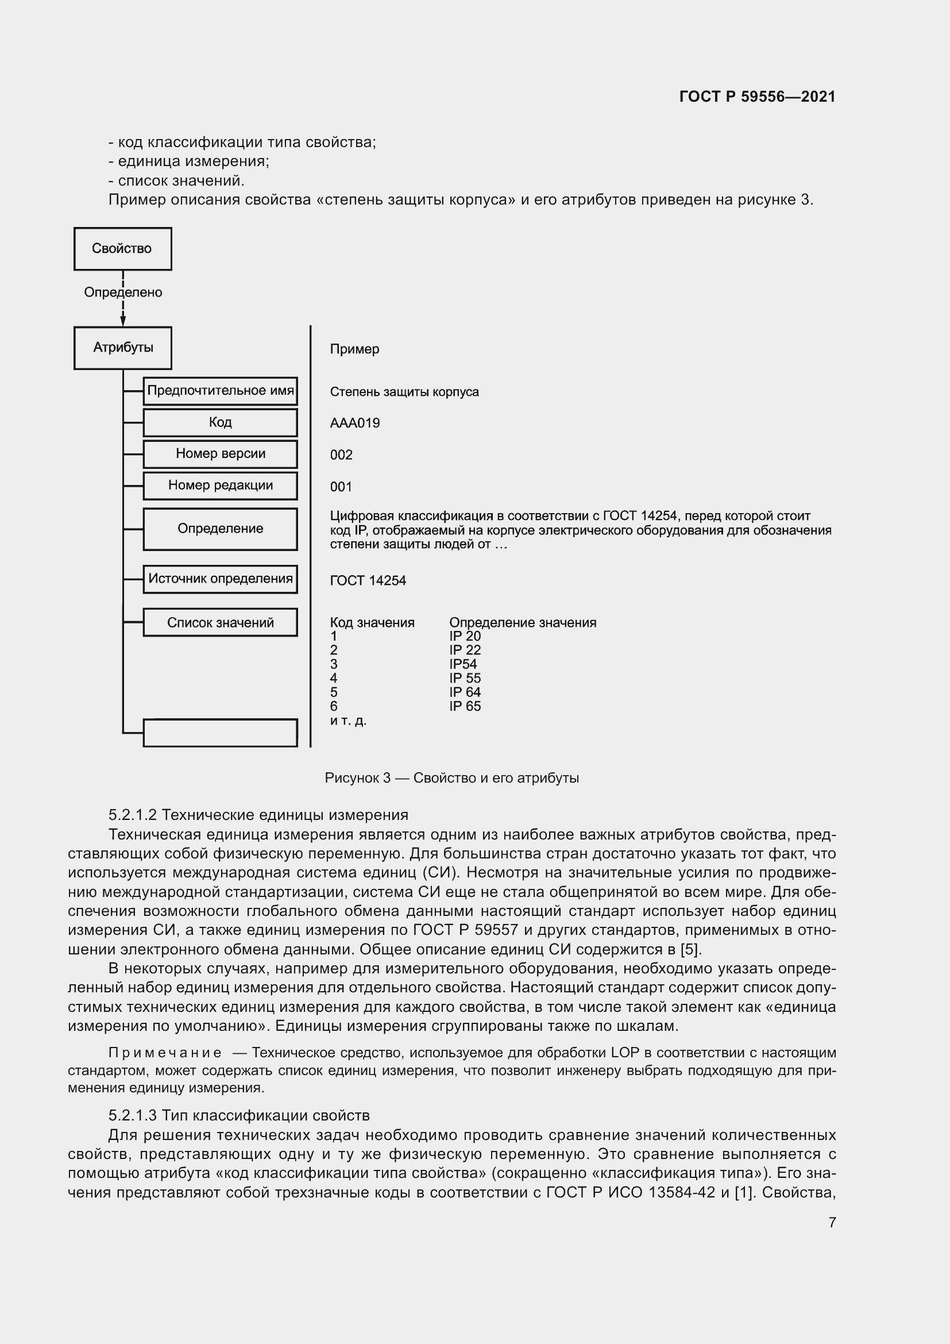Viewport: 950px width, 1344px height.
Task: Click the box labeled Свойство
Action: (122, 249)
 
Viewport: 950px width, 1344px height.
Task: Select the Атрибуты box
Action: (122, 348)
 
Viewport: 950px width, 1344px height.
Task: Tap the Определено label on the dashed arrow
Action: (123, 292)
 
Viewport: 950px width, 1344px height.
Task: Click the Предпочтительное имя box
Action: (220, 391)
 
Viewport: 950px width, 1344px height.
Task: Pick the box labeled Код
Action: (220, 423)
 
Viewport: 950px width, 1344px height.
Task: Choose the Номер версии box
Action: (220, 454)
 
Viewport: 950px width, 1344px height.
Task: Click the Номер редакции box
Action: (220, 486)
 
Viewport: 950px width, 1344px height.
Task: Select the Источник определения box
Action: (220, 579)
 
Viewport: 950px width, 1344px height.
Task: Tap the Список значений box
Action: (220, 623)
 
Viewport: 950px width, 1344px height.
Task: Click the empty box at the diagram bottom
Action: (220, 733)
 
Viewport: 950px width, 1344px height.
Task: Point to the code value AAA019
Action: (354, 423)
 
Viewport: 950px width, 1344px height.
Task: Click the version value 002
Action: (341, 455)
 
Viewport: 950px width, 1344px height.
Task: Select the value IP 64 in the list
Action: (465, 692)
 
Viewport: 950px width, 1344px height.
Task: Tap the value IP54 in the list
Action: (463, 664)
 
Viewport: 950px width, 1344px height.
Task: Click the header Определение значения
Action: (522, 623)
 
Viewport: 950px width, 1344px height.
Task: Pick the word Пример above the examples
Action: (354, 349)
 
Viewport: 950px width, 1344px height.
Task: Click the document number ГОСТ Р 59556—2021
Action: (757, 97)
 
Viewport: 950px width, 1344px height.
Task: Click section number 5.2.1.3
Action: (132, 1115)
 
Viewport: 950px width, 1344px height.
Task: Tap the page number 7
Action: (832, 1222)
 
